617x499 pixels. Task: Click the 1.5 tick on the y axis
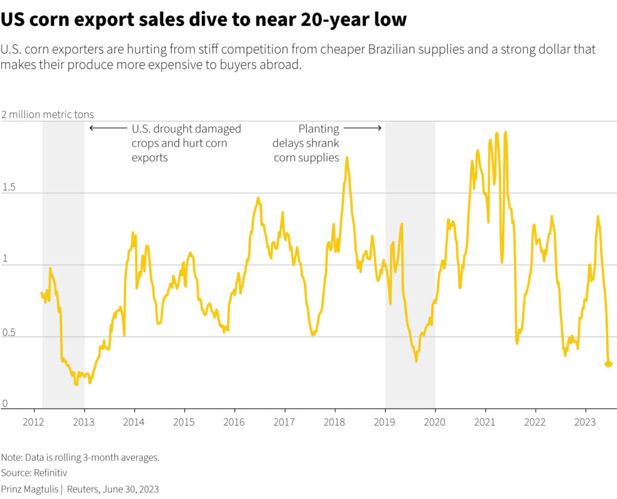(9, 188)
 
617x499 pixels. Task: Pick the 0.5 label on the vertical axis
(9, 331)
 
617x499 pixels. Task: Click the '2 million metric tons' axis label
(48, 115)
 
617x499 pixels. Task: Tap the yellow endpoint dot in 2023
(609, 364)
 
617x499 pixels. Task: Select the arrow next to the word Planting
(363, 128)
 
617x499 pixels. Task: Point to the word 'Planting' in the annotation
(319, 129)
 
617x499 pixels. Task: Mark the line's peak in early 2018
(346, 158)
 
